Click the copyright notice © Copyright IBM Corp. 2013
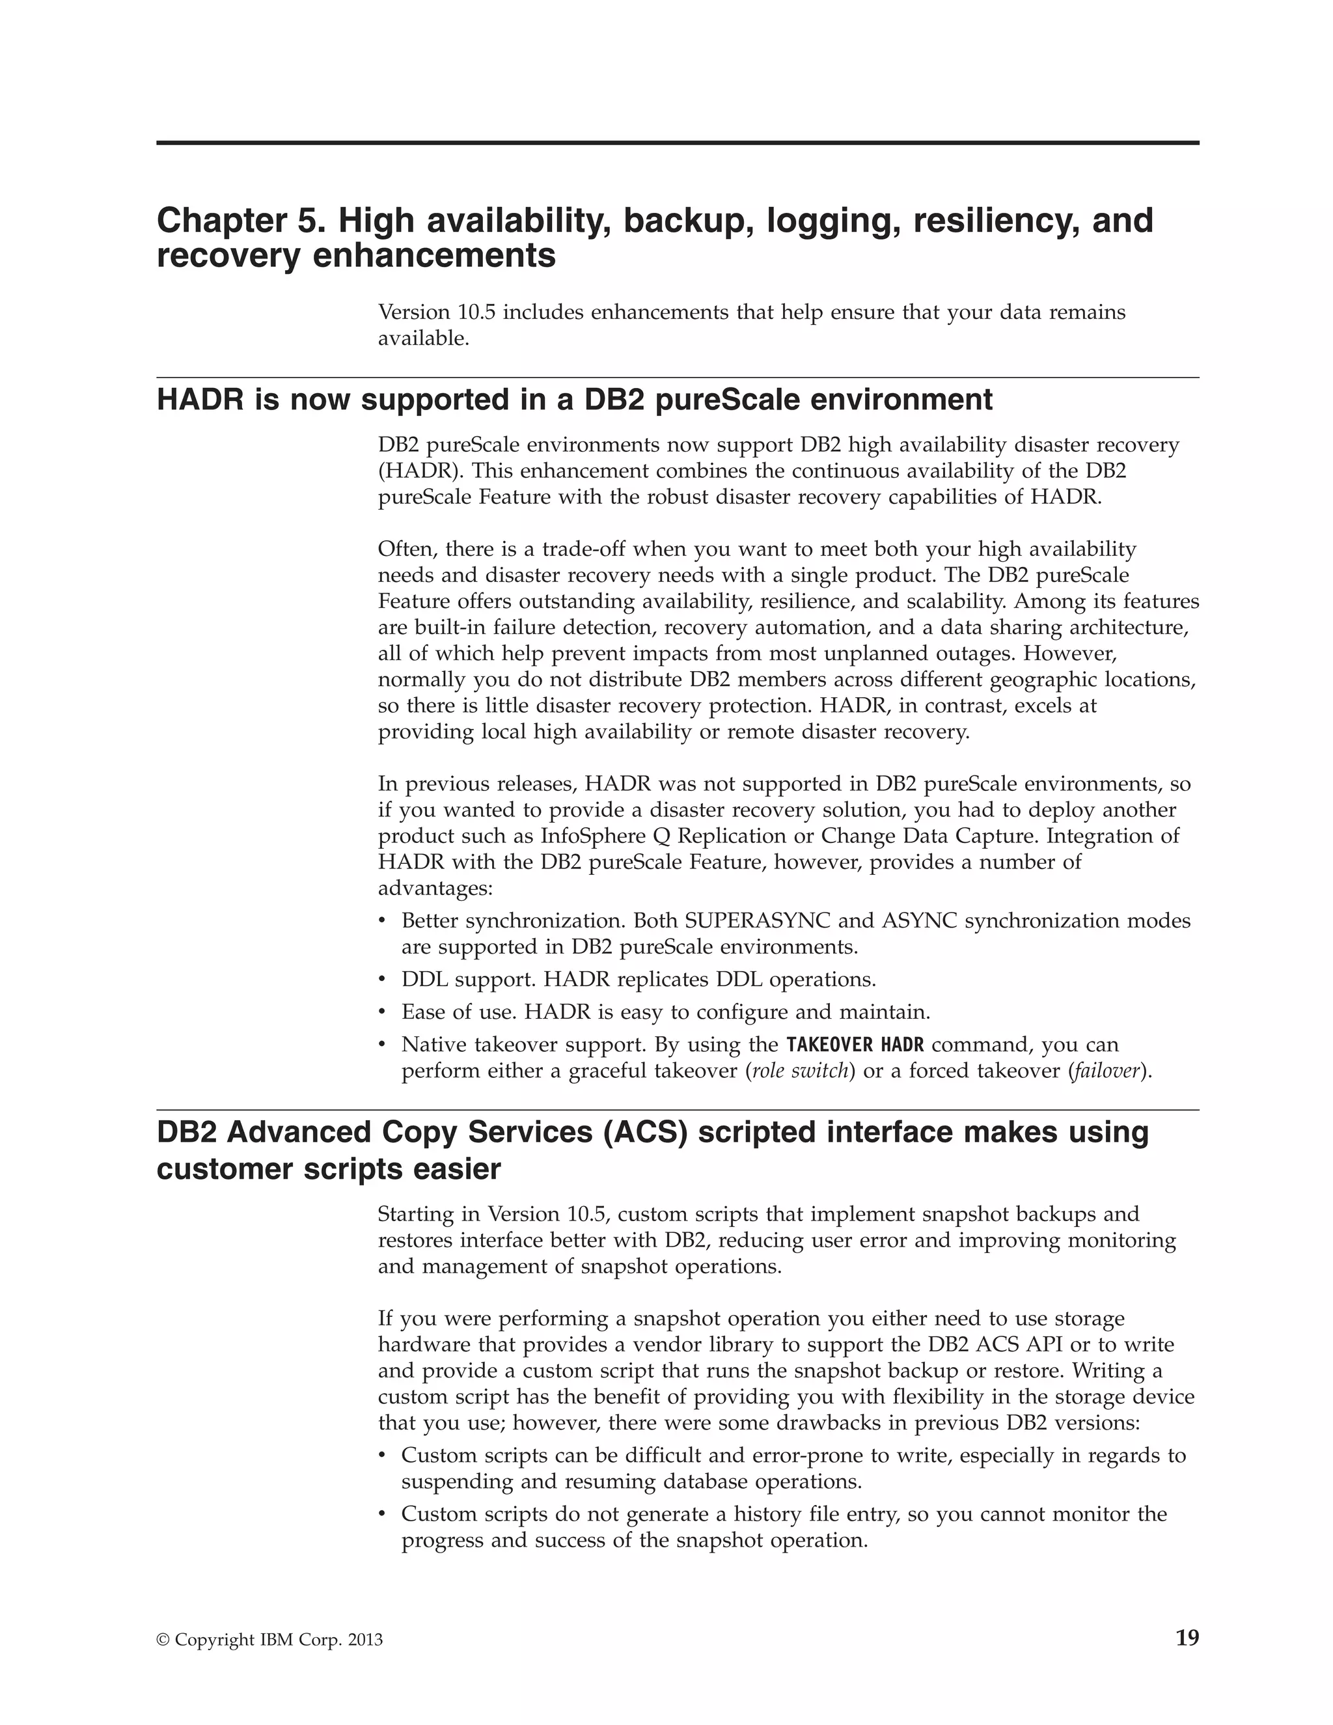coord(269,1640)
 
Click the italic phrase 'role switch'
coord(800,1071)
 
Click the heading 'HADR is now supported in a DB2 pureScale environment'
coord(574,400)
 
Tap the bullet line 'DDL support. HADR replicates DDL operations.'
coord(638,980)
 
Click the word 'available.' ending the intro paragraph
coord(423,339)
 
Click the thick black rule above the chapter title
coord(678,143)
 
